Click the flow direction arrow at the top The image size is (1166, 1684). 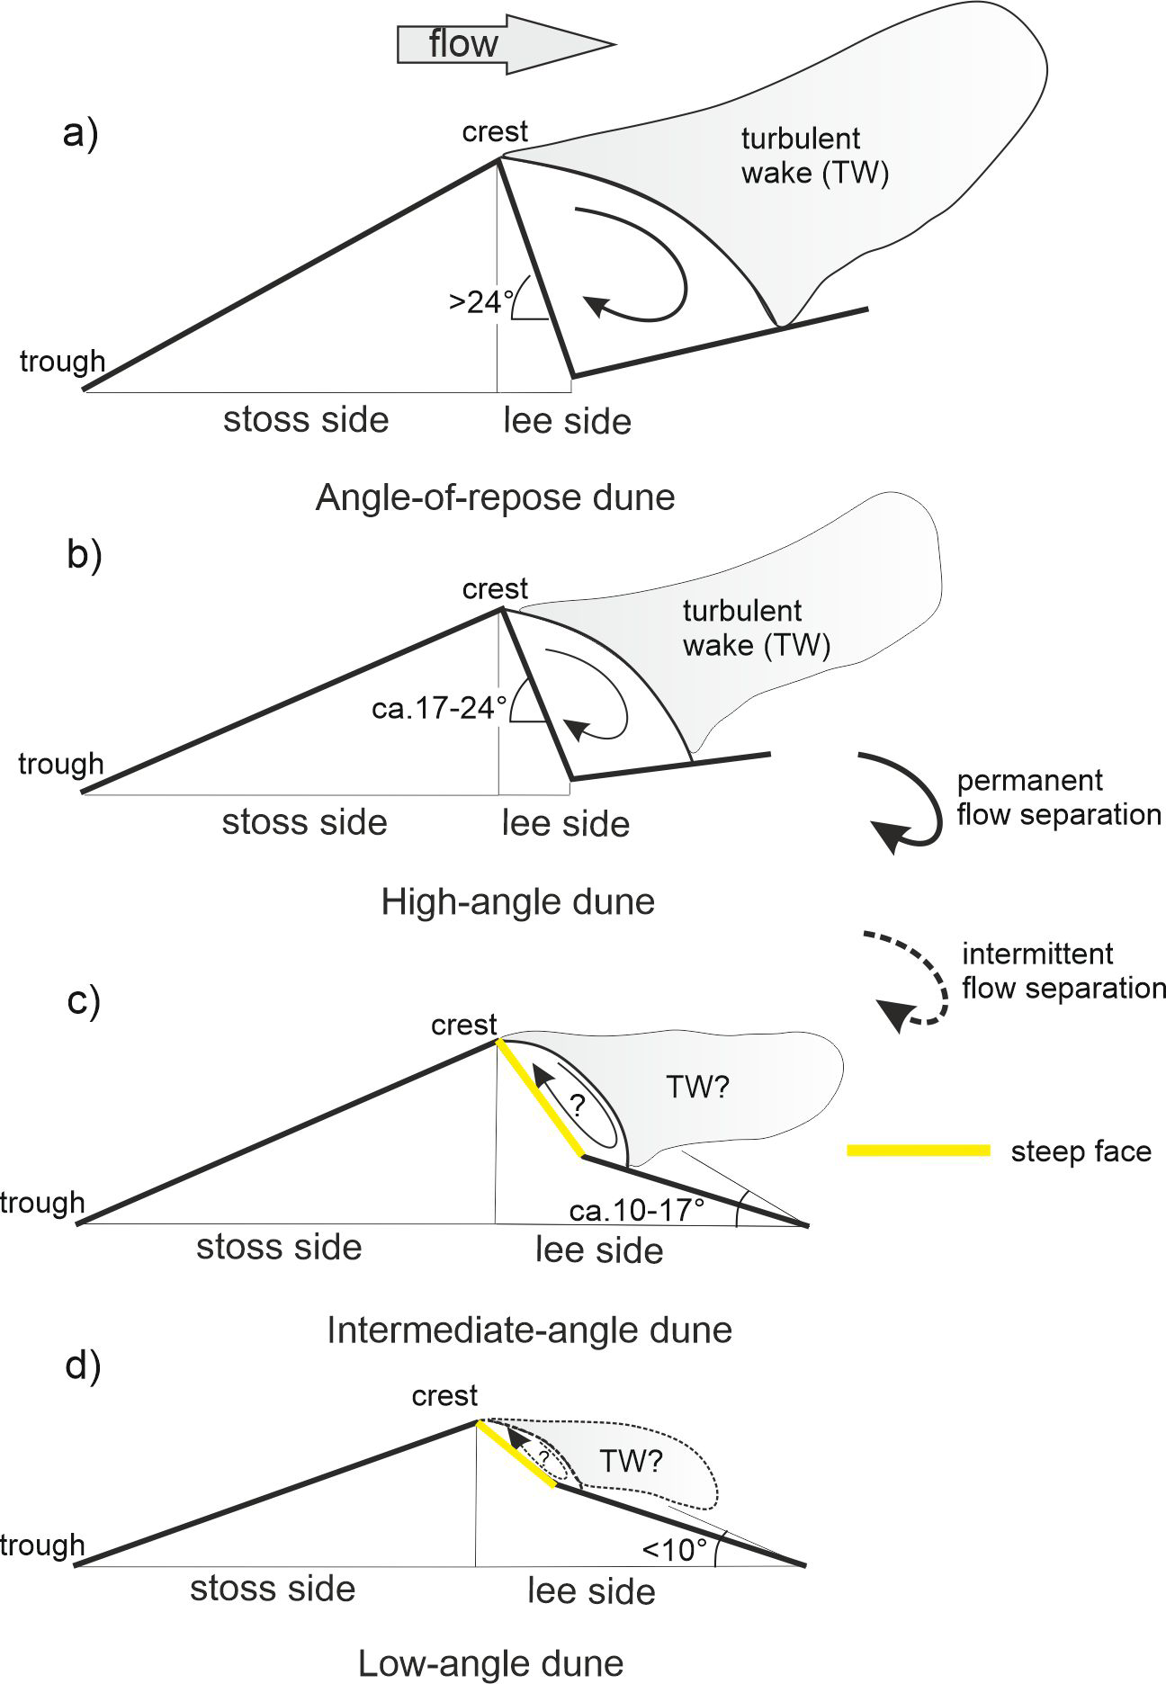click(x=504, y=43)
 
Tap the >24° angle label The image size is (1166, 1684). click(x=477, y=301)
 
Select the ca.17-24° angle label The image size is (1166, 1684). click(x=439, y=708)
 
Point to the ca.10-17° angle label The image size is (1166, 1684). click(x=637, y=1210)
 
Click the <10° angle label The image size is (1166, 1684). click(x=675, y=1550)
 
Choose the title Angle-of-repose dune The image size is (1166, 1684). click(x=495, y=497)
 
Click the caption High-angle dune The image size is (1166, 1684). click(x=517, y=900)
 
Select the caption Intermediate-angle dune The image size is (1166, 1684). click(x=529, y=1329)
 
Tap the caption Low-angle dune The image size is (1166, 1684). click(x=490, y=1663)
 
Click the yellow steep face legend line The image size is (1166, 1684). click(x=918, y=1151)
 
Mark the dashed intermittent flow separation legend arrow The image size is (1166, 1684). click(x=909, y=981)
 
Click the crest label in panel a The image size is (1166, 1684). click(x=495, y=131)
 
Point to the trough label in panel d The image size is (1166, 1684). click(x=41, y=1545)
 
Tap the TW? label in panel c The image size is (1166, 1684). click(x=697, y=1088)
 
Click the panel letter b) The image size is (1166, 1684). click(x=84, y=555)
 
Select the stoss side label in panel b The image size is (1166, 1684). click(x=304, y=822)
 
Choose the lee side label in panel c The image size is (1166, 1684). click(x=599, y=1250)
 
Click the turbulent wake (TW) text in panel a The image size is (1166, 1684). click(x=814, y=155)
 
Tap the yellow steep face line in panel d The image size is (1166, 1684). click(x=516, y=1455)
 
